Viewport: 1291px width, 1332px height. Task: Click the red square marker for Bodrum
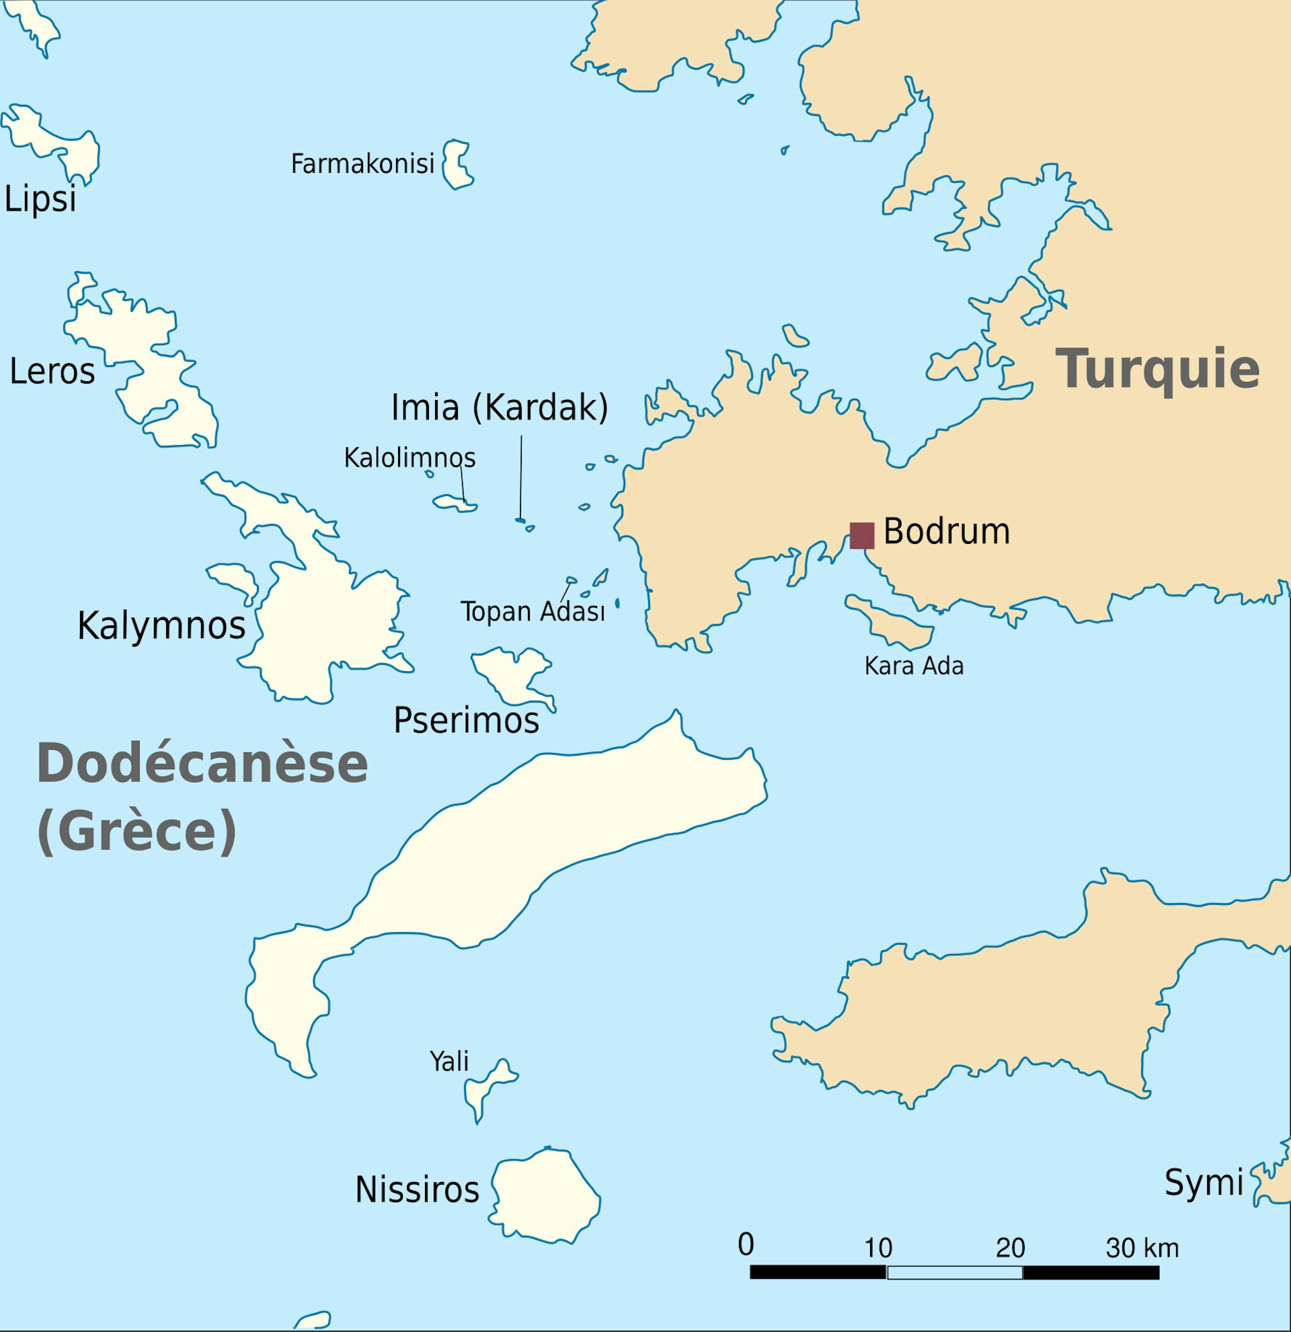click(861, 535)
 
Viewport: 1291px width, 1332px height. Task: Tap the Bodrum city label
click(946, 531)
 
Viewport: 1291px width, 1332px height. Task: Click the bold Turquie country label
click(1157, 369)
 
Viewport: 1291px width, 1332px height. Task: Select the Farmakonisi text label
click(362, 164)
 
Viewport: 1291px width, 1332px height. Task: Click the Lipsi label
click(40, 200)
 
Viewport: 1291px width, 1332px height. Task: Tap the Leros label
click(52, 372)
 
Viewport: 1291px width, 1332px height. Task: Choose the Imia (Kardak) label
click(500, 407)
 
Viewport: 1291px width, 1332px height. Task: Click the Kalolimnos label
click(409, 457)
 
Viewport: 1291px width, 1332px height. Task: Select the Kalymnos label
click(161, 625)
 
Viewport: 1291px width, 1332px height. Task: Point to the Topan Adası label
click(533, 612)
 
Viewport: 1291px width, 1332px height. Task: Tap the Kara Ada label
click(914, 666)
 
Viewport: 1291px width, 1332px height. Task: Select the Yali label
click(449, 1061)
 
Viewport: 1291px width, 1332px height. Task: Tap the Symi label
click(1204, 1183)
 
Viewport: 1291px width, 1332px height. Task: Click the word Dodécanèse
click(202, 764)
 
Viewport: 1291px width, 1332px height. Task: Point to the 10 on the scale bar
click(878, 1248)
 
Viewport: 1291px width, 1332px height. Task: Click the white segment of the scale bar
click(955, 1272)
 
